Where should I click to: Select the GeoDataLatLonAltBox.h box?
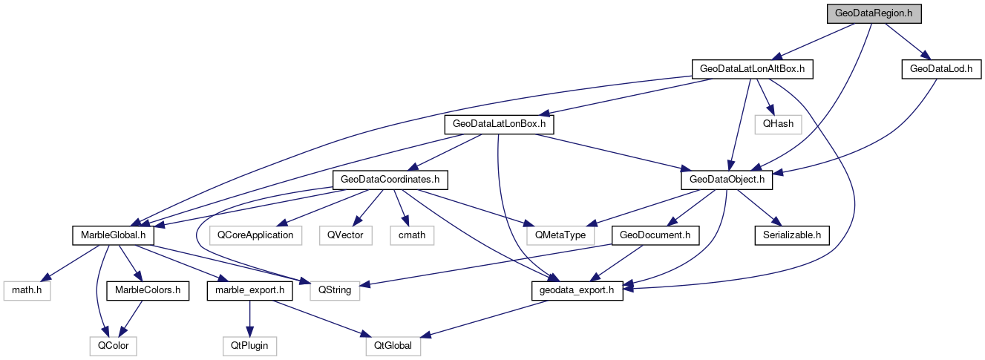pyautogui.click(x=752, y=69)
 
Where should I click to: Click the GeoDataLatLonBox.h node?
pyautogui.click(x=499, y=124)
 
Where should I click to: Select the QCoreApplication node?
pyautogui.click(x=255, y=235)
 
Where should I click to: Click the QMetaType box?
pyautogui.click(x=556, y=235)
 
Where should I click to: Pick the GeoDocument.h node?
pyautogui.click(x=654, y=235)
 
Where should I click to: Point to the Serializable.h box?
pyautogui.click(x=791, y=235)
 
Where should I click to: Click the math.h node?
pyautogui.click(x=27, y=290)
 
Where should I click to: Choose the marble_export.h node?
pyautogui.click(x=250, y=290)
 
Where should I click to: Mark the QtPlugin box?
pyautogui.click(x=249, y=346)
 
